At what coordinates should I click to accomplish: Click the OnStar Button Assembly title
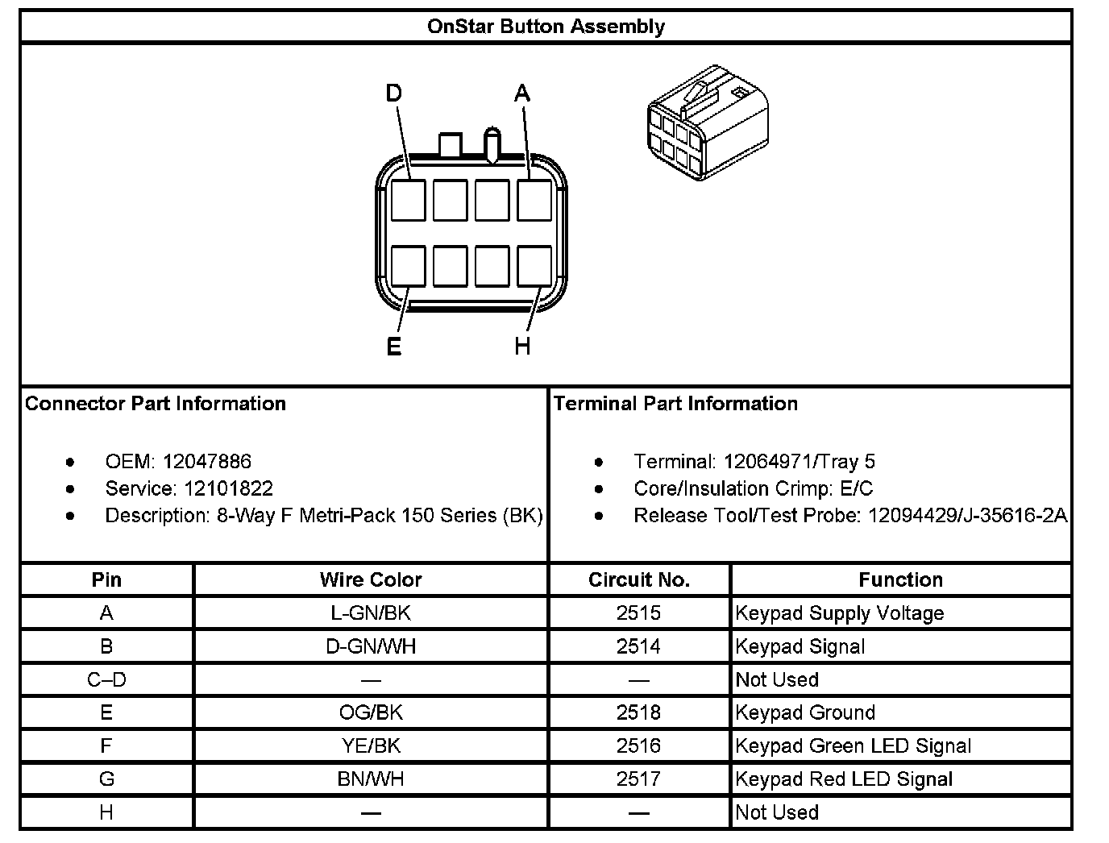[546, 27]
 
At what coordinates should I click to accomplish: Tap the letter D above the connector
[393, 94]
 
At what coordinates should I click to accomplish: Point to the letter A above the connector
[522, 94]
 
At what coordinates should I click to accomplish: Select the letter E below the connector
[393, 347]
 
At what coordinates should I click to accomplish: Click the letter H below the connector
[522, 347]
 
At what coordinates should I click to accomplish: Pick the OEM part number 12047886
[207, 462]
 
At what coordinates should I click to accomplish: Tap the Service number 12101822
[228, 488]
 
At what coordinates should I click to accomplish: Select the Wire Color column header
[371, 579]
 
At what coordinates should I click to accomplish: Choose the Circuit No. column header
[638, 579]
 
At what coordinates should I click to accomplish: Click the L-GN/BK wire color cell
[371, 613]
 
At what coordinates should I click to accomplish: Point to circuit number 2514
[638, 646]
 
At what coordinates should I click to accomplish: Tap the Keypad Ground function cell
[805, 712]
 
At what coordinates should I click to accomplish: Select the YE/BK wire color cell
[371, 746]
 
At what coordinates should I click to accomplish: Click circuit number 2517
[638, 779]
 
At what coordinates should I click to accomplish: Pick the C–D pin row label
[106, 679]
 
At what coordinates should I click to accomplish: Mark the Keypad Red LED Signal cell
[844, 779]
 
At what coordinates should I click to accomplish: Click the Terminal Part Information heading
[675, 404]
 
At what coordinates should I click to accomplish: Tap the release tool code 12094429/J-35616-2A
[967, 515]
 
